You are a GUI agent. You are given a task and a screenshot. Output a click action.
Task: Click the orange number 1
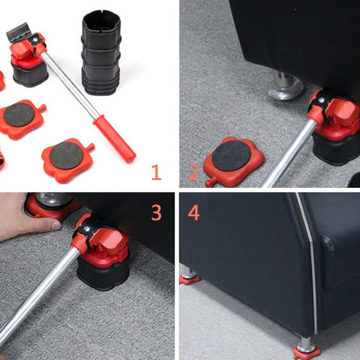[x=156, y=173]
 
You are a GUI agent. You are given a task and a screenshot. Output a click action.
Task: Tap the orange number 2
[x=194, y=173]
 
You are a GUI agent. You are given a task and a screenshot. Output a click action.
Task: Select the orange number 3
[x=156, y=212]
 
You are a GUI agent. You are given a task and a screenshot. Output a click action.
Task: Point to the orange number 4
[x=194, y=213]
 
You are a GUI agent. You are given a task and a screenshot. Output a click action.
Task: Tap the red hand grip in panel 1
[x=114, y=139]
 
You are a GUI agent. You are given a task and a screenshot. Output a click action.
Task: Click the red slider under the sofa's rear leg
[x=190, y=278]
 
